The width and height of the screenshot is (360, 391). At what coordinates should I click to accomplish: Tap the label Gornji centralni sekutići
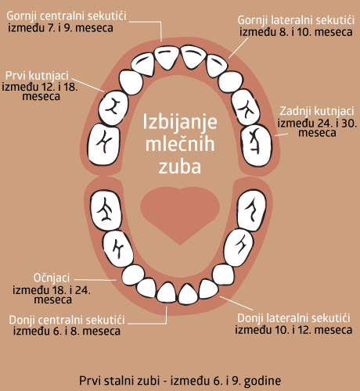coord(67,16)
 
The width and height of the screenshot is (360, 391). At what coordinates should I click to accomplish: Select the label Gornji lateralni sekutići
coord(296,20)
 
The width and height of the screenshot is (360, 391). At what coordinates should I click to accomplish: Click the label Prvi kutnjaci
coord(37,76)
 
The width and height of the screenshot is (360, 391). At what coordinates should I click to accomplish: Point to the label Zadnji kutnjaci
coord(317,111)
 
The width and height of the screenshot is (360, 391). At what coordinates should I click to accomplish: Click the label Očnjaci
coord(52,278)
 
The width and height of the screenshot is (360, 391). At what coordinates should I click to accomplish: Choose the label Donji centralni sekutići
coord(67,320)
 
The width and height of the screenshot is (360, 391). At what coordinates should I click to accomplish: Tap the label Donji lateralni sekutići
coord(293,318)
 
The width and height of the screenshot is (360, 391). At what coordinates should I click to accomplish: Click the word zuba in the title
coord(180,167)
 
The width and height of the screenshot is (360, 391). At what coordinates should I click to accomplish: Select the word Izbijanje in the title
coord(180,122)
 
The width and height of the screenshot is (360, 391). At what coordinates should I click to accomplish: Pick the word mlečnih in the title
coord(180,144)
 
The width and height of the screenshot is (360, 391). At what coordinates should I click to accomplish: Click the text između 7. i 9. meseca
coord(60,27)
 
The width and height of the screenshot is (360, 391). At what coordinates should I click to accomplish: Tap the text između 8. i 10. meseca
coord(296,32)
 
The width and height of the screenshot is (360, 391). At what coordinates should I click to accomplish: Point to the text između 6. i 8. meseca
coord(67,331)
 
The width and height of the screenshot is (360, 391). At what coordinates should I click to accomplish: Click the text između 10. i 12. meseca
coord(293,330)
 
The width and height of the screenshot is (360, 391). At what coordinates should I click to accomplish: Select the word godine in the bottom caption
coord(263,381)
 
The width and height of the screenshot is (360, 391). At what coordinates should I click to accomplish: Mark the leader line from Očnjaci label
coord(95,280)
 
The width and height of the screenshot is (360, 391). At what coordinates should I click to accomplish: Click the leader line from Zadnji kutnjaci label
coord(281,135)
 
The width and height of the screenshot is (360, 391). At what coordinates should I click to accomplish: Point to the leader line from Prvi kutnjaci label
coord(88,85)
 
